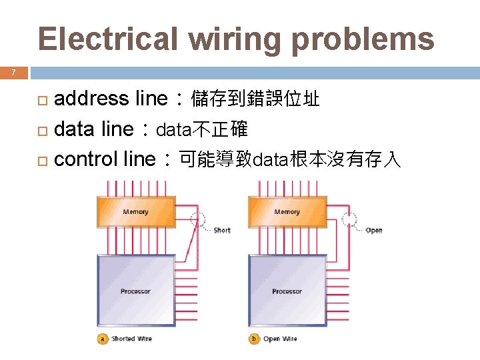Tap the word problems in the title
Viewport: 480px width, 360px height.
click(x=363, y=39)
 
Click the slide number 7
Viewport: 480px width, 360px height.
click(x=13, y=73)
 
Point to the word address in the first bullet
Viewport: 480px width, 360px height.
click(x=91, y=99)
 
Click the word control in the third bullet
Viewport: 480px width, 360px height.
click(x=86, y=159)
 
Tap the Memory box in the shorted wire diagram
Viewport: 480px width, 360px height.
click(x=136, y=211)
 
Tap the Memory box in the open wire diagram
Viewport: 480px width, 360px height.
click(x=287, y=211)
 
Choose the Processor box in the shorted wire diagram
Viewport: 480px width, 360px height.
click(x=136, y=291)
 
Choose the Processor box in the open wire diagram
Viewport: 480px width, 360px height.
click(x=287, y=291)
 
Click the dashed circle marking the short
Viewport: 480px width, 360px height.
click(x=198, y=219)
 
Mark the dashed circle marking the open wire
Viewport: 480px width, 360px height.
click(x=349, y=219)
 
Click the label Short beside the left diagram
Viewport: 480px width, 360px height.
click(x=222, y=231)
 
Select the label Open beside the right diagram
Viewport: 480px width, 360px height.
click(x=374, y=231)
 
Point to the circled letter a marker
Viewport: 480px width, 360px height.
click(x=102, y=339)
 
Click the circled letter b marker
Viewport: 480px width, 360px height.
click(x=253, y=339)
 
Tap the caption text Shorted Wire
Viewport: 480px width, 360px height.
click(x=132, y=339)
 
